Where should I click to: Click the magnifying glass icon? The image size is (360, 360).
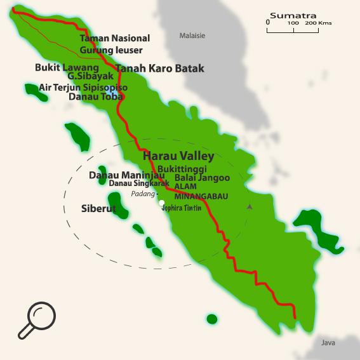37,320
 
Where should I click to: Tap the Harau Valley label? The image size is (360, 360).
178,156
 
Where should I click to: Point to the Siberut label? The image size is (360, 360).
98,208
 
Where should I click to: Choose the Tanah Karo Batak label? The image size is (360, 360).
159,69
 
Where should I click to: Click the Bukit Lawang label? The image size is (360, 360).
67,67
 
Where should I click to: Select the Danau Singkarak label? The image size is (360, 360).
139,183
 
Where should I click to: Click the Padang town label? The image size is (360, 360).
142,194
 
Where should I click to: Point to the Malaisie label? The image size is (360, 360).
192,36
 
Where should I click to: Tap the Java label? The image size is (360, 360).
328,343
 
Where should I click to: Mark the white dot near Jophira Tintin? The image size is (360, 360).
162,203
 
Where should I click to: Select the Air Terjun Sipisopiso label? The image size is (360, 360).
83,87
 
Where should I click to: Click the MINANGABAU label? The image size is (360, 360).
201,196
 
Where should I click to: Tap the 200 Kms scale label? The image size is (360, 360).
318,23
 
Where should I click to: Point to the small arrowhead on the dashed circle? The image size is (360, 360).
250,206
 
